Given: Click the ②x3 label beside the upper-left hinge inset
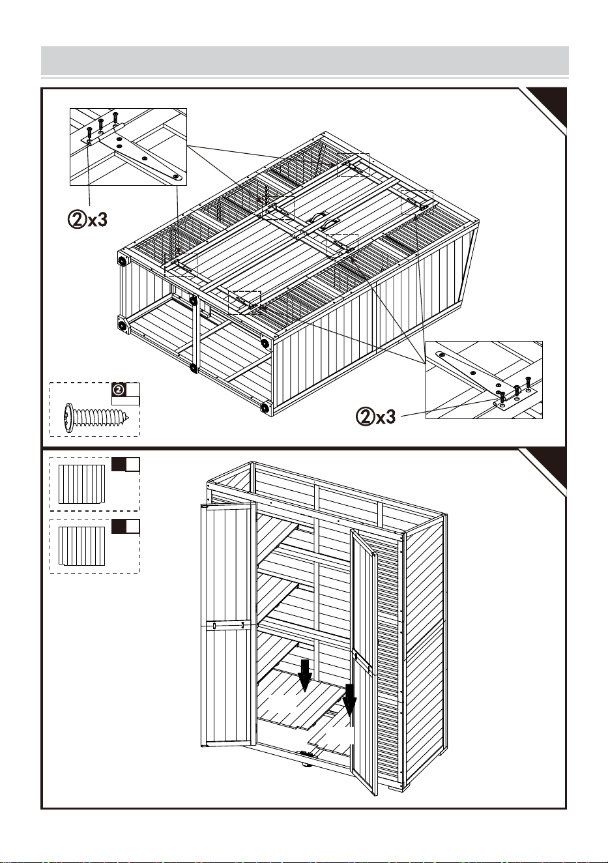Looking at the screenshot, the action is click(87, 220).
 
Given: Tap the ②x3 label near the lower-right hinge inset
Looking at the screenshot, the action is click(375, 417).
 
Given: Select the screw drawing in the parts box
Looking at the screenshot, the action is click(96, 418).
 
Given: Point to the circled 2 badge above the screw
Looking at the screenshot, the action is click(119, 390).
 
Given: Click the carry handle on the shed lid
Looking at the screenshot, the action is click(323, 220).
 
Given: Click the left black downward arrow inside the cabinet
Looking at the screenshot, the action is click(305, 675).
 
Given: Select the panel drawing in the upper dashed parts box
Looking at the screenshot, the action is click(81, 484).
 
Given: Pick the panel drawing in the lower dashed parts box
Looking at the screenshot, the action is click(81, 546).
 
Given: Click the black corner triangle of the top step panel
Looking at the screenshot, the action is click(548, 105).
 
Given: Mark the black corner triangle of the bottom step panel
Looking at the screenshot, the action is click(548, 465).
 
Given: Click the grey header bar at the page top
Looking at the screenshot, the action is click(305, 61).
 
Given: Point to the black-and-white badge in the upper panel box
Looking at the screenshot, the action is click(126, 464).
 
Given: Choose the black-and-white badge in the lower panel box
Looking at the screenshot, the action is click(126, 526).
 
